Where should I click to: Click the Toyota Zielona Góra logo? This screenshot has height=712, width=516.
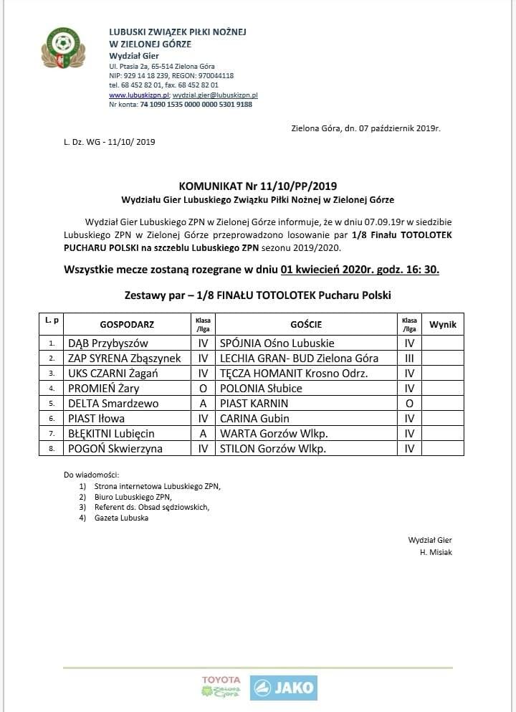click(x=221, y=686)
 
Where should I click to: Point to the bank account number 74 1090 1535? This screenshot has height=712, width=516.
click(x=196, y=104)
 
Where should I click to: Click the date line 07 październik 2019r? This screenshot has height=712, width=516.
click(x=365, y=128)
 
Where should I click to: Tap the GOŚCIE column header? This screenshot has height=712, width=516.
click(x=306, y=324)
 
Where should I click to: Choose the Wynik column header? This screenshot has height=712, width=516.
click(x=442, y=324)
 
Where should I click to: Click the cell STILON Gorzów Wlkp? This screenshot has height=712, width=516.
click(x=273, y=448)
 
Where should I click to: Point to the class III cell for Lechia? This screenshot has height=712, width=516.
click(x=409, y=358)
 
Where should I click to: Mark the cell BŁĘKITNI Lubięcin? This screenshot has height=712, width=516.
click(x=111, y=433)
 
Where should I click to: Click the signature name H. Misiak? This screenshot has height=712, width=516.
click(x=436, y=552)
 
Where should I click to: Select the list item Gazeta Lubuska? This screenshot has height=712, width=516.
click(x=122, y=518)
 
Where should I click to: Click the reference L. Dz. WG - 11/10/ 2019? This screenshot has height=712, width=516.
click(x=109, y=142)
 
